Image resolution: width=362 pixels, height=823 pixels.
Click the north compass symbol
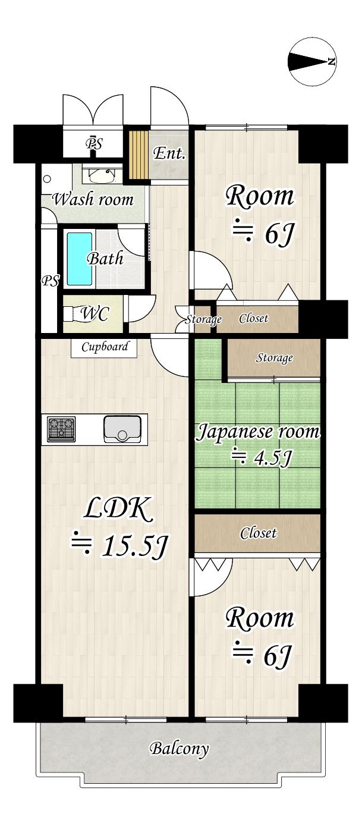tap(312, 62)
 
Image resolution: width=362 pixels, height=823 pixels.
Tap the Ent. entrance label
tap(169, 153)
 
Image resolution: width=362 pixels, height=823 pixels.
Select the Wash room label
tap(93, 199)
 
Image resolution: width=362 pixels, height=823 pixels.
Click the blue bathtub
tap(79, 259)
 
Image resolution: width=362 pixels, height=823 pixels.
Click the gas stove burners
tap(62, 429)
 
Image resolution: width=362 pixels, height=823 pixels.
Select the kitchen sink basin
tap(122, 429)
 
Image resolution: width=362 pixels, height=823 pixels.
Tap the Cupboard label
tap(105, 347)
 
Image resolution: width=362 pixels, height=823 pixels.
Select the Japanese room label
tap(258, 432)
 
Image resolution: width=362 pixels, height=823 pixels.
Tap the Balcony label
tap(180, 748)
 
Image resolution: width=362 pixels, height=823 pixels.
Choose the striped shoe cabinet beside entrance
tap(138, 154)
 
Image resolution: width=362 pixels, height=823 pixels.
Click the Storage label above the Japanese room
tap(274, 358)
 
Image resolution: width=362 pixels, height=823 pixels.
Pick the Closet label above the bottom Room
tap(258, 533)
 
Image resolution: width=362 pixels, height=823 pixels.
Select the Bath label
tap(105, 259)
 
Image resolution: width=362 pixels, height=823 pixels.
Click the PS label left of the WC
tap(50, 281)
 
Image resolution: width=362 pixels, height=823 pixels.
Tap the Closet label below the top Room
tap(253, 319)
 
